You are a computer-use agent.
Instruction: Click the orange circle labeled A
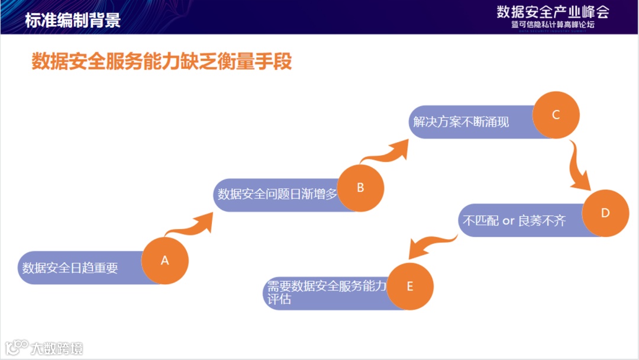(165, 261)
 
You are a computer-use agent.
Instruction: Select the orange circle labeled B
(360, 188)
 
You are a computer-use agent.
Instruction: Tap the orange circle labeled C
(556, 115)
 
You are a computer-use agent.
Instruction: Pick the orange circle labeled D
(605, 213)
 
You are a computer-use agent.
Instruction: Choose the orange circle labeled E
(410, 286)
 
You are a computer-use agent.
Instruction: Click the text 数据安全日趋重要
(70, 268)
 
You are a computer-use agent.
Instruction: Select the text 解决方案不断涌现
(461, 122)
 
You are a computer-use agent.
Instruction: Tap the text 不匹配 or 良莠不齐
(514, 221)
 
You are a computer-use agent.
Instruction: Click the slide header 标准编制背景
(73, 20)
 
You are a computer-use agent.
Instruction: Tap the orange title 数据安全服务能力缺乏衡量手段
(162, 61)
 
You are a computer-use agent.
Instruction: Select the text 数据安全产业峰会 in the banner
(553, 11)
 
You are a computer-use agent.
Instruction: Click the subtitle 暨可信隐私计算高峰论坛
(553, 25)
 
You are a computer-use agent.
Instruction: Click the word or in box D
(509, 221)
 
